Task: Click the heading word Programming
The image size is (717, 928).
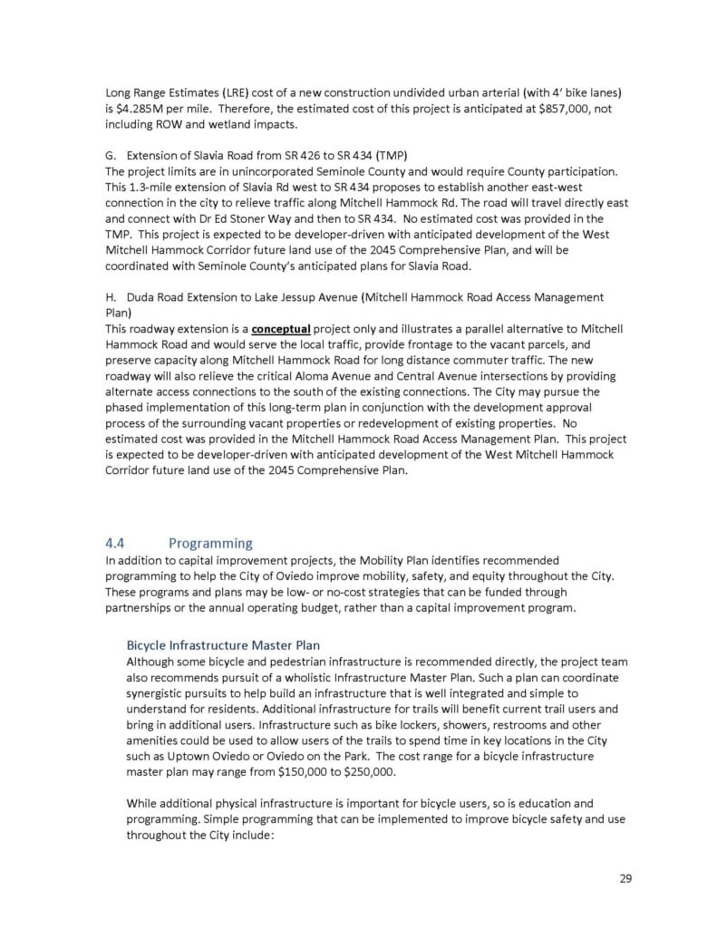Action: click(x=210, y=543)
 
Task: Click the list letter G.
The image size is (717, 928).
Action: click(x=111, y=156)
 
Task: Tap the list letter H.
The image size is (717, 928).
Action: click(x=111, y=297)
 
